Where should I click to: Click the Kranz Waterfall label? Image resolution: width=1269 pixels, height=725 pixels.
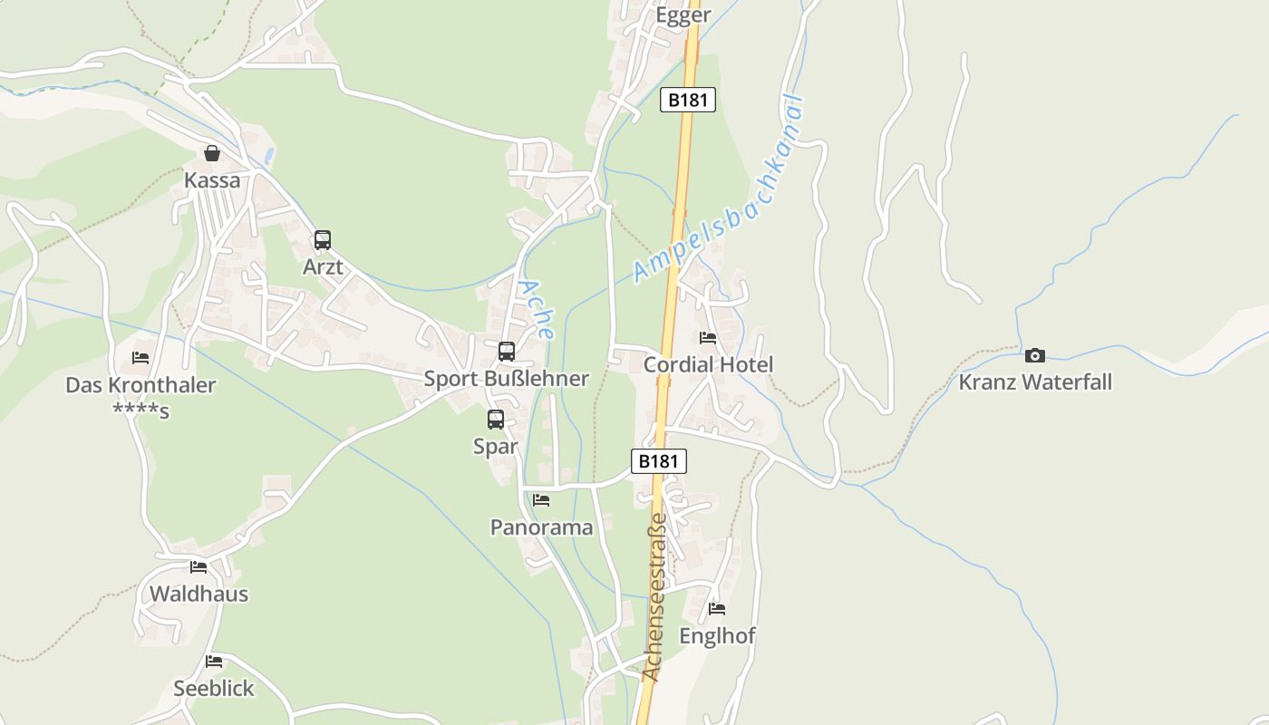point(1035,382)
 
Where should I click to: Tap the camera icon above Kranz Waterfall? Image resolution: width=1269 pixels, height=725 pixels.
point(1035,355)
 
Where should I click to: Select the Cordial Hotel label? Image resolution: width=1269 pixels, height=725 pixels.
point(708,365)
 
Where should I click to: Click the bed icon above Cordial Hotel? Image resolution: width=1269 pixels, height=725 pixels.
point(708,338)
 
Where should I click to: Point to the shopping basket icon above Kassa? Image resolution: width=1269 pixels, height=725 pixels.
point(212,153)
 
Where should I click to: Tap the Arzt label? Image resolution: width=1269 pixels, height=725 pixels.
point(323,267)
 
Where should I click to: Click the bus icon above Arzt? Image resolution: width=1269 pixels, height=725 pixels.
point(323,240)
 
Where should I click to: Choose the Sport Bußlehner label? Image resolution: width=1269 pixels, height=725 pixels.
point(507,379)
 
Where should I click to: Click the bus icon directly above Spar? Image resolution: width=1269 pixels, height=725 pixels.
point(496,420)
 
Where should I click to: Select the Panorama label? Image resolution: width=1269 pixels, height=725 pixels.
point(541,527)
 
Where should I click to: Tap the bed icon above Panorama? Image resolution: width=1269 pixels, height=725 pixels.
point(541,500)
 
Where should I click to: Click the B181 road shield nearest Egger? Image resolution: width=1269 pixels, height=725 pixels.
point(687,100)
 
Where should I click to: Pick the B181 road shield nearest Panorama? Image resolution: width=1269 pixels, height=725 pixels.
point(658,461)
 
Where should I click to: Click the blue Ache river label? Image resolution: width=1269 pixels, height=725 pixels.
point(536,309)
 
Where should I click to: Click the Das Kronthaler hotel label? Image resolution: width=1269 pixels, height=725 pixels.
point(140,385)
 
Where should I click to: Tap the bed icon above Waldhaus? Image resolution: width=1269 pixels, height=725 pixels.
point(199,567)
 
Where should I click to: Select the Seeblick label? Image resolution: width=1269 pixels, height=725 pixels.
point(214,689)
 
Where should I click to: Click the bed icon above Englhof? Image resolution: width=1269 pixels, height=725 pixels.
point(717,609)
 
